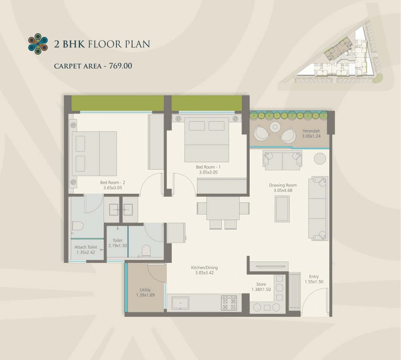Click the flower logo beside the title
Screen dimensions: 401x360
(38, 44)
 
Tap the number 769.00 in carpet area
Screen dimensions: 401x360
(120, 66)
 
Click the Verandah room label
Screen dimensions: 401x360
(311, 131)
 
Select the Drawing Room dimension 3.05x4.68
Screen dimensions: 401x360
(283, 190)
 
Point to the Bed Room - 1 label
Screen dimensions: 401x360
(208, 167)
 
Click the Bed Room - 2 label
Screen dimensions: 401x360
(113, 182)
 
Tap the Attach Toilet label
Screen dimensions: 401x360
(86, 247)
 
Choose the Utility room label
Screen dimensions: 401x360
(145, 290)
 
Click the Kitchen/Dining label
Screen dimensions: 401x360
(204, 268)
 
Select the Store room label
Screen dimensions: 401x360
(261, 284)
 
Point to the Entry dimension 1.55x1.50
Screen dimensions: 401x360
(314, 281)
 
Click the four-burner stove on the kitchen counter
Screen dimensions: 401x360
(229, 303)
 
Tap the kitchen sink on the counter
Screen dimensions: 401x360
(180, 303)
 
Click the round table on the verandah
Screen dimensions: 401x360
(275, 127)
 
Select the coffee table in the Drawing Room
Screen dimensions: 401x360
(282, 209)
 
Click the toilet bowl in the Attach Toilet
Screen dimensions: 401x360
(77, 226)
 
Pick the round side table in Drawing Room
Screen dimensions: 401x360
(320, 158)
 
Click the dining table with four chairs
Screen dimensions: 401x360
(223, 212)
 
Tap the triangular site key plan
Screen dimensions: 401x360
(335, 55)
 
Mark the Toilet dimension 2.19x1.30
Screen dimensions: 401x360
(118, 246)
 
